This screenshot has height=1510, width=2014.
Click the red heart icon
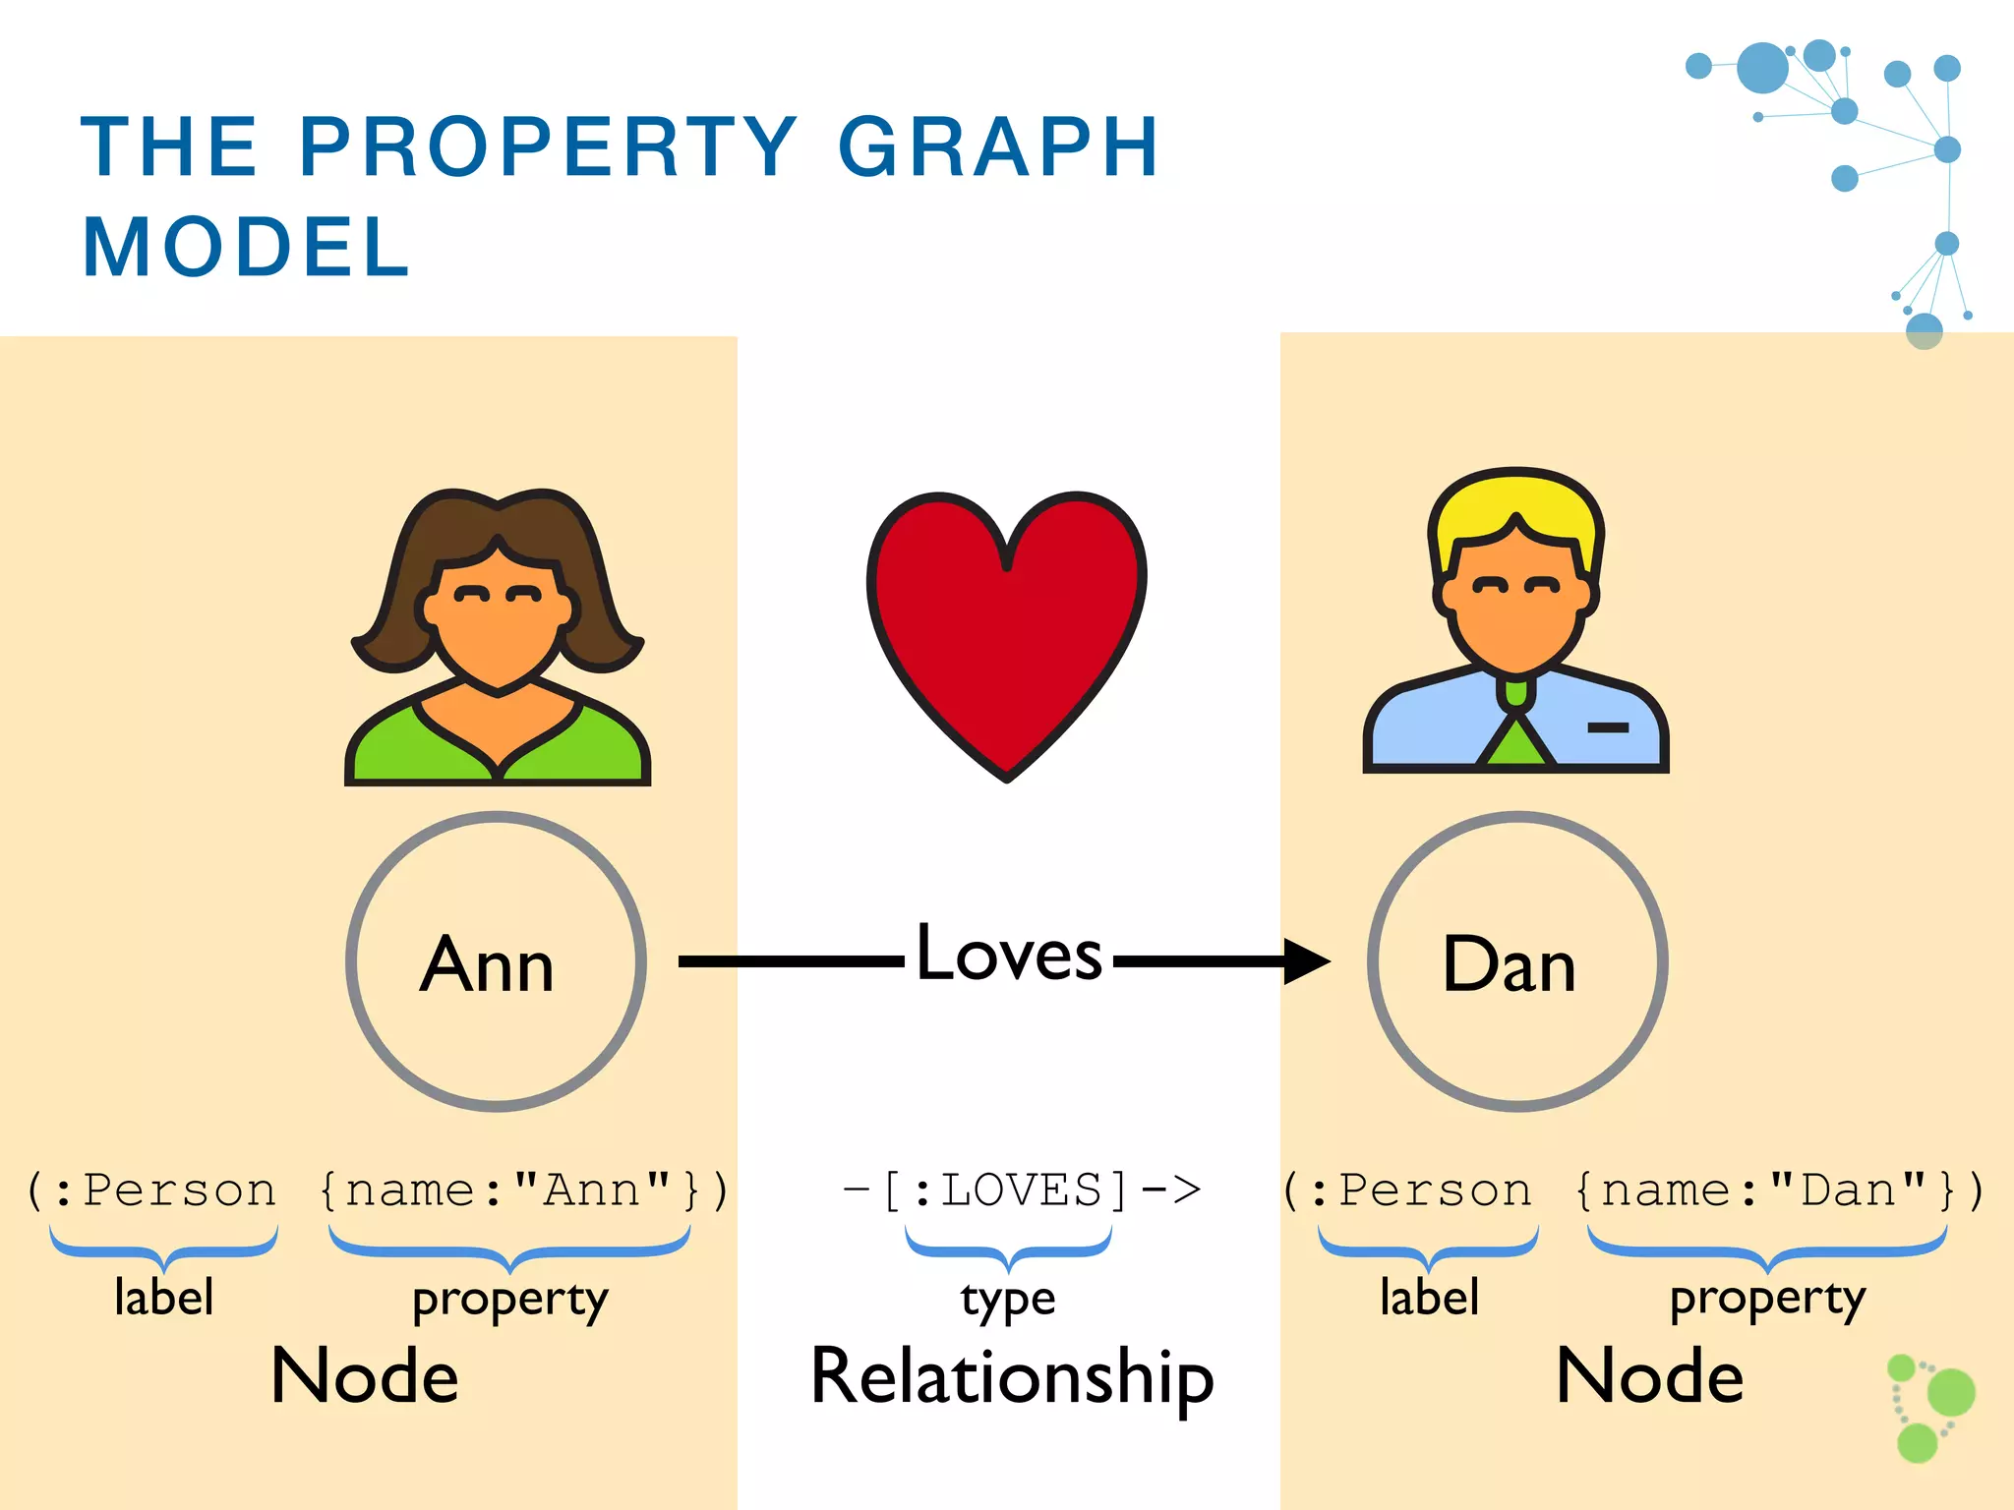coord(1006,629)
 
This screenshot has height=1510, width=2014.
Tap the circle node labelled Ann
coord(496,961)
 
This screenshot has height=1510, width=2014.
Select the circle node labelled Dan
coord(1516,961)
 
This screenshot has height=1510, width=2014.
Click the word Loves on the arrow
coord(1009,954)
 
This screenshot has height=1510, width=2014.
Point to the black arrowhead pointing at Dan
coord(1306,960)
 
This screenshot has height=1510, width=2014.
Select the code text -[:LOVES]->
coord(1022,1191)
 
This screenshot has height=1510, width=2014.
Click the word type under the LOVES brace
coord(1008,1300)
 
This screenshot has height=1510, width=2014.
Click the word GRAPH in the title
coord(998,147)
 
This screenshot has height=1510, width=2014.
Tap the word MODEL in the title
coord(246,248)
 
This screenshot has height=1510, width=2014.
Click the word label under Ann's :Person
coord(163,1297)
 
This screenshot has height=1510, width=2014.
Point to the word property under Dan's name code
coord(1767,1300)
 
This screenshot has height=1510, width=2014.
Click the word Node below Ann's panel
coord(365,1376)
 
